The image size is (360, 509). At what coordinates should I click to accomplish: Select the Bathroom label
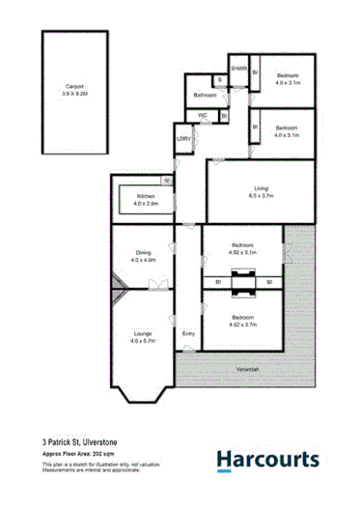tap(205, 96)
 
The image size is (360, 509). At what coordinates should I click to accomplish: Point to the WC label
tap(204, 116)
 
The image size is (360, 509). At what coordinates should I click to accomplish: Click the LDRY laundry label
tap(182, 138)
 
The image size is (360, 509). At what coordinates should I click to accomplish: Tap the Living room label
tap(256, 191)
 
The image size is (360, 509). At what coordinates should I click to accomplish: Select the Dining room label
tap(143, 255)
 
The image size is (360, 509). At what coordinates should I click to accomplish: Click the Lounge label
tap(143, 337)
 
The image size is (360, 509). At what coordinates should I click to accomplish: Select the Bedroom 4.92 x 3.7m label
tap(242, 321)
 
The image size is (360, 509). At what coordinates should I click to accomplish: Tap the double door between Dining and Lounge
tap(156, 283)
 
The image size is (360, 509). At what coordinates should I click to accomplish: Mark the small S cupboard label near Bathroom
tap(219, 78)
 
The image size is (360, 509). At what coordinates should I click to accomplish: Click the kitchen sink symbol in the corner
tap(167, 181)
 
